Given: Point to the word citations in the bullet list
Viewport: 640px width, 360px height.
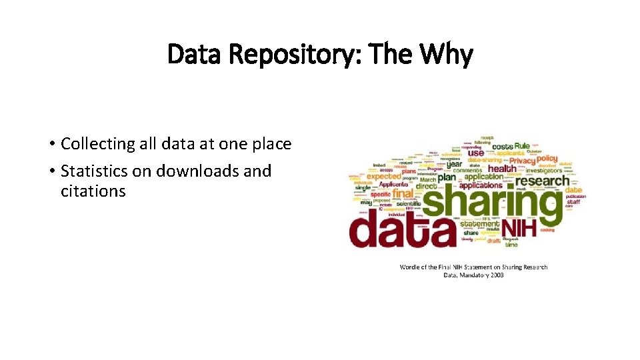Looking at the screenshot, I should point(93,191).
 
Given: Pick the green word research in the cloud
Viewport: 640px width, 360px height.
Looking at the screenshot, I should point(543,181).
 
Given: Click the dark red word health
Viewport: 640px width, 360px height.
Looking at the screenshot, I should point(501,169).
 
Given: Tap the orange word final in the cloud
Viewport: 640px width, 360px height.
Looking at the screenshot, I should point(403,194).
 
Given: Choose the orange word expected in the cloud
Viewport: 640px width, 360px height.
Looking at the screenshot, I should point(383,176).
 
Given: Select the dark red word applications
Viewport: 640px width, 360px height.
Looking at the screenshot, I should point(480,185).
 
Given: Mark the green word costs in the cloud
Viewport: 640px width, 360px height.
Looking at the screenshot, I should point(502,146).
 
